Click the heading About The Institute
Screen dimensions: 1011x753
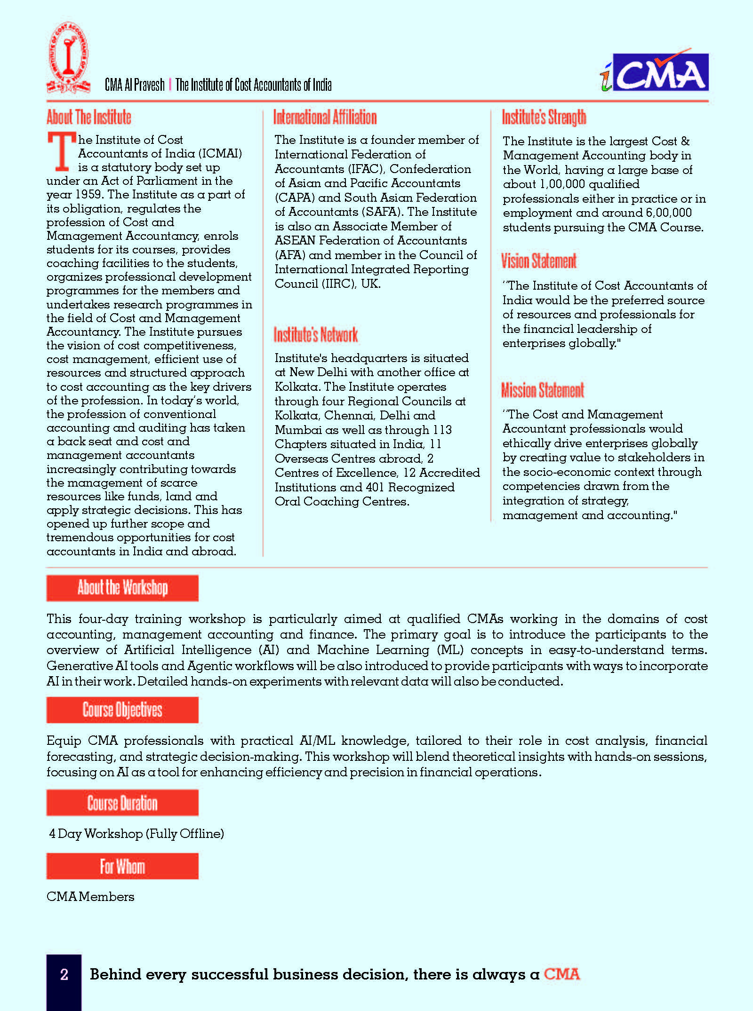pos(89,117)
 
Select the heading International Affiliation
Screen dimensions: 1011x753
pos(325,117)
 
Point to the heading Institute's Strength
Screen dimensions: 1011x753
pos(544,117)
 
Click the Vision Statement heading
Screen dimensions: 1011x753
pos(539,261)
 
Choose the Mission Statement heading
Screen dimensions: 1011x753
pos(543,390)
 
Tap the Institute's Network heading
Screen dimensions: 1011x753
pos(316,335)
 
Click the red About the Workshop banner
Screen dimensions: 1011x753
pos(122,588)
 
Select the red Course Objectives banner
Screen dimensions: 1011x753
pos(122,710)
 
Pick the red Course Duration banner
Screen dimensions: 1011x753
pos(122,803)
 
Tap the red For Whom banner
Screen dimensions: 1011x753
pos(122,866)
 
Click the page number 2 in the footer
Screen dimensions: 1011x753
pos(64,974)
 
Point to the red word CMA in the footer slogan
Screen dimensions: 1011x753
pos(561,974)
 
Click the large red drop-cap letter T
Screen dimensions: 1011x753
pos(61,151)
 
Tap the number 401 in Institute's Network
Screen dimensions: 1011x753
pos(375,487)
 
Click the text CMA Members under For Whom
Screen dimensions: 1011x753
pos(90,896)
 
